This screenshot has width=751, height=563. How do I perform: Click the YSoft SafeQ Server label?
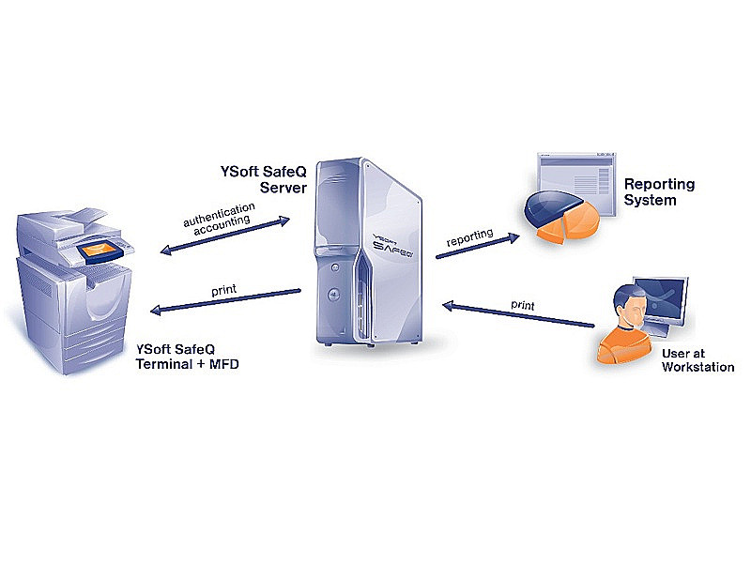click(x=264, y=179)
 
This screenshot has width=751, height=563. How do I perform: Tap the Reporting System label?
click(x=660, y=192)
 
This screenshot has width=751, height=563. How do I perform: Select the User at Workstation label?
click(x=697, y=360)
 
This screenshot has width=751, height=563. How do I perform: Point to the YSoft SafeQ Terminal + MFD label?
click(x=187, y=357)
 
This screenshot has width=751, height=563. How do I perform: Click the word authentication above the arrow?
click(x=219, y=214)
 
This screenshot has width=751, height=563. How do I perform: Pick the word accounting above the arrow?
click(x=222, y=224)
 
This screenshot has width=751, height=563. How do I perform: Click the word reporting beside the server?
click(x=469, y=237)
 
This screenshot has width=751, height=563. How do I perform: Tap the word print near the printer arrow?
click(x=223, y=290)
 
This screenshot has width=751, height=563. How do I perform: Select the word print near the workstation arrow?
click(x=523, y=306)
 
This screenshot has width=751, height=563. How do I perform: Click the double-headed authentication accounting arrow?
click(x=224, y=236)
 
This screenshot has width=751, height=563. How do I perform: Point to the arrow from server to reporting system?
click(x=478, y=246)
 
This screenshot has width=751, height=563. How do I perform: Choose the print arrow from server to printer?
click(x=225, y=300)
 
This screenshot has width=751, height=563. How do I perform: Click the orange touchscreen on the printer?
click(x=98, y=251)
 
